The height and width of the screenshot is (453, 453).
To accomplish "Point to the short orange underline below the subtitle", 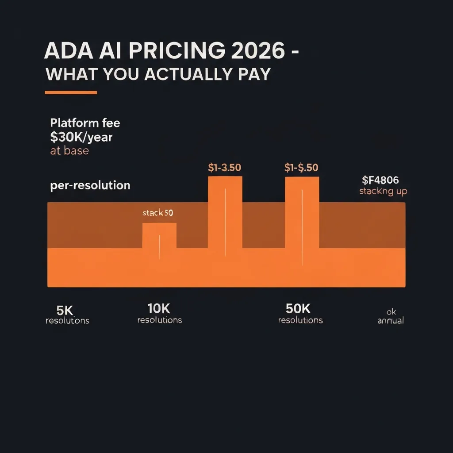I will coord(71,92).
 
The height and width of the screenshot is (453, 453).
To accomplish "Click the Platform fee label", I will coord(85,123).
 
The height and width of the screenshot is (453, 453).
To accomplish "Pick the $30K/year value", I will coord(81,137).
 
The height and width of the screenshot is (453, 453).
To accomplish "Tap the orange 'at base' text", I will coord(69,150).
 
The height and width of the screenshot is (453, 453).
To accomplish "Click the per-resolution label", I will coord(90,185).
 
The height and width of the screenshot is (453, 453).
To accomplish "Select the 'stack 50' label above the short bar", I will coord(157,213).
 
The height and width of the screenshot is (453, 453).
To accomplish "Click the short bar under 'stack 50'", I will coord(159,235).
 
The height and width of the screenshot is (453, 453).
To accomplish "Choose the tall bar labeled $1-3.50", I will coord(225,212).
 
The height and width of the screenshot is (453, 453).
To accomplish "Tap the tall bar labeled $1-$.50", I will coord(302,212).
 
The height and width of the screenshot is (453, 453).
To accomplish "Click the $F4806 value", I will coord(380,180).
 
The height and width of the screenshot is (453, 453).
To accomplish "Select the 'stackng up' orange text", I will coord(383,192).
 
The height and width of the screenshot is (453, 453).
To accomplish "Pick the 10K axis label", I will coord(159,308).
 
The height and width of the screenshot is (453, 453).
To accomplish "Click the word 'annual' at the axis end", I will coord(390,320).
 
